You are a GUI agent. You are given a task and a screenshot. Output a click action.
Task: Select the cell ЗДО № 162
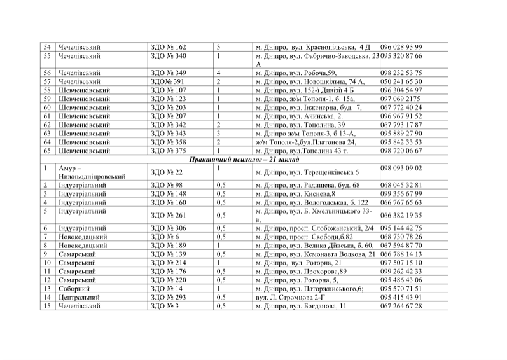pyautogui.click(x=168, y=47)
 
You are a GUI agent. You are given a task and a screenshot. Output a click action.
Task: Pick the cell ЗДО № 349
pyautogui.click(x=168, y=73)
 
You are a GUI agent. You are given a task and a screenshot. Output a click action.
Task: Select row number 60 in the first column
pyautogui.click(x=46, y=107)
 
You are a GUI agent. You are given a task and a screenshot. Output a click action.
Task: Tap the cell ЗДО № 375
pyautogui.click(x=168, y=150)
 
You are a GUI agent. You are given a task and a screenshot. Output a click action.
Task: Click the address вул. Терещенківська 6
pyautogui.click(x=307, y=172)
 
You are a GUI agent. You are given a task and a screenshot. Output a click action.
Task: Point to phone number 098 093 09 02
pyautogui.click(x=401, y=168)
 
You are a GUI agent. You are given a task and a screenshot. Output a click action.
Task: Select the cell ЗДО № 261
pyautogui.click(x=167, y=215)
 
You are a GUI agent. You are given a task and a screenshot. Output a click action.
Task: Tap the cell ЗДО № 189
pyautogui.click(x=168, y=245)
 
